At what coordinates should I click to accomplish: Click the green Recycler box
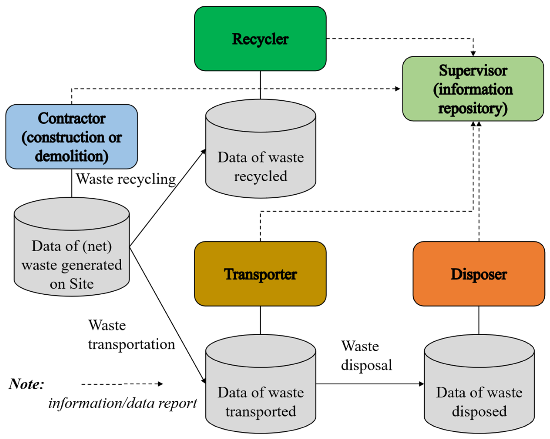coord(260,39)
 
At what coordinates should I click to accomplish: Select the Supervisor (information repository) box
coord(473,89)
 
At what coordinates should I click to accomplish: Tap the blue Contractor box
coord(72,137)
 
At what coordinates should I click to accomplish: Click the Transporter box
coord(260,274)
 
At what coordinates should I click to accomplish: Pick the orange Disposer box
coord(479,274)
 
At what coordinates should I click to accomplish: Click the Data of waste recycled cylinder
coord(260,163)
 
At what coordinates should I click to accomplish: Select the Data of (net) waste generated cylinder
coord(72,263)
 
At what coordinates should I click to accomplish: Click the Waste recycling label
coord(126,179)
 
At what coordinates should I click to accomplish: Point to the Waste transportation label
coord(131,334)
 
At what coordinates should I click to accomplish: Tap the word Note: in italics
coord(27,384)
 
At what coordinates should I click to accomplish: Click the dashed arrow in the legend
coord(122,384)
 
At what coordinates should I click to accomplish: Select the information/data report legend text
coord(123,403)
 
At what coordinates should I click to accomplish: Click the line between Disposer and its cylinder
coord(479,320)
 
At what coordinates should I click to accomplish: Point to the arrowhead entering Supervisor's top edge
coord(473,54)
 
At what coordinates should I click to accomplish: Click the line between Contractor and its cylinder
coord(72,183)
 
